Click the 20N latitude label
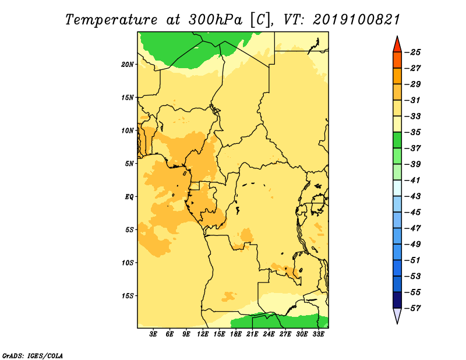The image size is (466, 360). pyautogui.click(x=128, y=65)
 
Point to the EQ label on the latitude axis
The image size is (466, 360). pyautogui.click(x=129, y=197)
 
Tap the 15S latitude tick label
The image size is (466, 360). pyautogui.click(x=128, y=296)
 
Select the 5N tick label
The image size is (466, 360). pyautogui.click(x=129, y=164)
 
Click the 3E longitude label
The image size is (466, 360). pyautogui.click(x=153, y=334)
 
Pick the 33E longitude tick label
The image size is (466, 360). pyautogui.click(x=318, y=334)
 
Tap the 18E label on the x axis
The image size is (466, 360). pyautogui.click(x=236, y=334)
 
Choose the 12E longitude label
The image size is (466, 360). pyautogui.click(x=203, y=334)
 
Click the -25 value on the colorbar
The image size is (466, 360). pyautogui.click(x=413, y=52)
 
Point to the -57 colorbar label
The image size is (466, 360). pyautogui.click(x=413, y=308)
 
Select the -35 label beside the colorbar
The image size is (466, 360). pyautogui.click(x=413, y=132)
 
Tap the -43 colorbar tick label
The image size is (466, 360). pyautogui.click(x=413, y=196)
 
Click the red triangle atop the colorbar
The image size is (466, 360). pyautogui.click(x=397, y=45)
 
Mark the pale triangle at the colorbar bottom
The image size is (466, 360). pyautogui.click(x=397, y=315)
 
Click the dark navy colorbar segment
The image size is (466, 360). pyautogui.click(x=397, y=300)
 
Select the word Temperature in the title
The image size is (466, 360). pyautogui.click(x=111, y=20)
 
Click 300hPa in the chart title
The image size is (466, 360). pyautogui.click(x=216, y=20)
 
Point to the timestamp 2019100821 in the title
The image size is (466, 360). pyautogui.click(x=356, y=20)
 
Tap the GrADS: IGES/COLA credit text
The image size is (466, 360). pyautogui.click(x=33, y=356)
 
